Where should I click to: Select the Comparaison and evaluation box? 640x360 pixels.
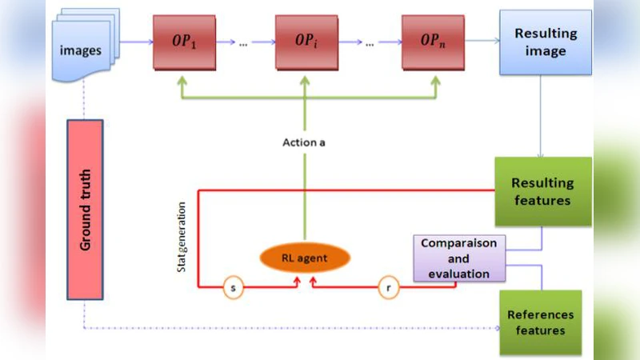(459, 258)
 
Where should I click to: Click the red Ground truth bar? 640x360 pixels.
(86, 209)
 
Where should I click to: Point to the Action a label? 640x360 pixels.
(306, 142)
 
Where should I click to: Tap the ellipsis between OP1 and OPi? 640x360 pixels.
(243, 44)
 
